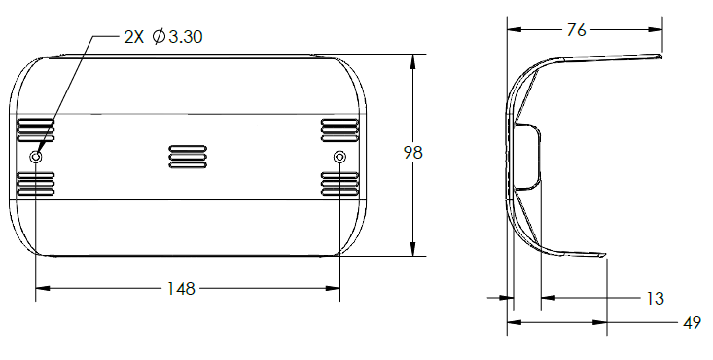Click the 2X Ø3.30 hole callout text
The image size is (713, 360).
click(x=163, y=37)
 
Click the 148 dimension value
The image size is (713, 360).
click(x=181, y=289)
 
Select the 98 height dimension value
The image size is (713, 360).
click(x=412, y=153)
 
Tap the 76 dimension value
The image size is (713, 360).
click(x=576, y=30)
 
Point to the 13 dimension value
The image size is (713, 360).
click(x=656, y=298)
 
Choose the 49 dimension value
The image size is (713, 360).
click(x=692, y=323)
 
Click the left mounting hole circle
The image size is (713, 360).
click(x=35, y=157)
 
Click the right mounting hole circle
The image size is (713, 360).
click(x=339, y=157)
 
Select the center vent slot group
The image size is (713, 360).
click(x=188, y=157)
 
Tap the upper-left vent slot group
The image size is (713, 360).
click(x=35, y=130)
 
